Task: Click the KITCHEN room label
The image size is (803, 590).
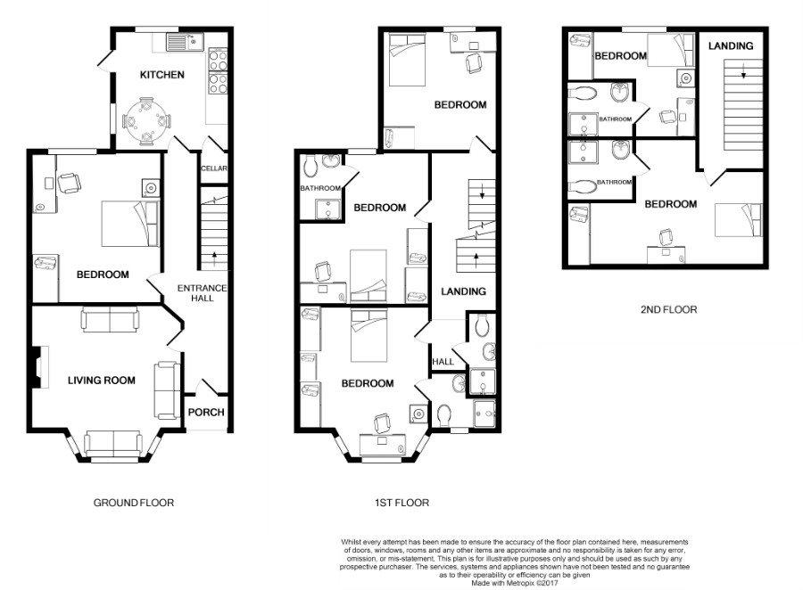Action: point(161,75)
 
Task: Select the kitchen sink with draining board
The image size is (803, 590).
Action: point(185,42)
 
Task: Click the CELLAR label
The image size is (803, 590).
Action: point(213,168)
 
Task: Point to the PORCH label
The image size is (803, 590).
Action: point(206,412)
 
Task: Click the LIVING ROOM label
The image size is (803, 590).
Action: point(102,381)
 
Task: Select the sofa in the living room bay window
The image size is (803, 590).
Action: point(113,443)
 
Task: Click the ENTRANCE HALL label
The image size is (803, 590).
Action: point(202,292)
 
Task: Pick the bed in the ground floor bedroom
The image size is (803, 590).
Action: point(129,224)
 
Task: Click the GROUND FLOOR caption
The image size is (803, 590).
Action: point(134,503)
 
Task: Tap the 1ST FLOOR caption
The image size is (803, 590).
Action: point(401,503)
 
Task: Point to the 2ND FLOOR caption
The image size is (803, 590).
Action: point(669,309)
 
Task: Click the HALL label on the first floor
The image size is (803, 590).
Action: point(443,361)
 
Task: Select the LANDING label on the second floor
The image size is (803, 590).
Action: point(731,45)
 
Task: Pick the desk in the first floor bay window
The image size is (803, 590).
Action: point(383,444)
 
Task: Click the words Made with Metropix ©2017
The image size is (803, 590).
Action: point(514,582)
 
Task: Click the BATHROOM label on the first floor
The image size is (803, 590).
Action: point(320,188)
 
